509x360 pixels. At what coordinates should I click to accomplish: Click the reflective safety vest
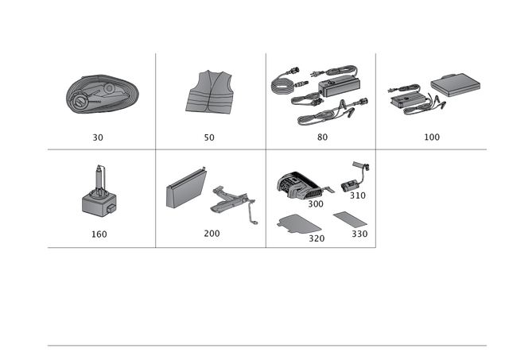210,94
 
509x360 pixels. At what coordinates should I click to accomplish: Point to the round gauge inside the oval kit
80,102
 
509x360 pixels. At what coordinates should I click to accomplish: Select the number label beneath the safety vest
209,137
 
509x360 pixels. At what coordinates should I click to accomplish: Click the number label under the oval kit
98,137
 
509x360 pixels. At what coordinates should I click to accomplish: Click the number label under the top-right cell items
432,137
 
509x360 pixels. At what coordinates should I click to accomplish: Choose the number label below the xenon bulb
99,234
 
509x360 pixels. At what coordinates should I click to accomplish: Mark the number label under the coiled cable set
321,137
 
